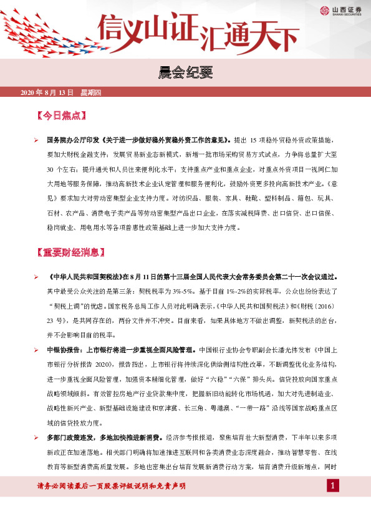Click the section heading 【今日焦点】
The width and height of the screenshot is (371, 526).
click(61, 116)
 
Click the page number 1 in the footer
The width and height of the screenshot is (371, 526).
click(334, 486)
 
